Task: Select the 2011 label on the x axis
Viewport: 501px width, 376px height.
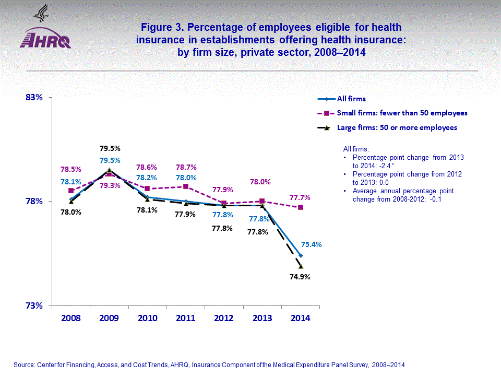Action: tap(186, 318)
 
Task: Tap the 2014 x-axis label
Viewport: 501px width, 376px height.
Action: tap(301, 318)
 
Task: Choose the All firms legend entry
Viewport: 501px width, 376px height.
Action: tap(351, 99)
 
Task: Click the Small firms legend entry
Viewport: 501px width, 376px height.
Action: tap(402, 113)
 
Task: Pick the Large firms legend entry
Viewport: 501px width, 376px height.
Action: tap(397, 127)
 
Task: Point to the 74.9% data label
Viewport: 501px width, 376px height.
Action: tap(300, 277)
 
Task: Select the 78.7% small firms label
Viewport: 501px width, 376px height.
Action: tap(186, 168)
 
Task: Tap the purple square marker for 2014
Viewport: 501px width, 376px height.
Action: tap(301, 207)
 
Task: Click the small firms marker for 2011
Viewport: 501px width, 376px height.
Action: tap(186, 186)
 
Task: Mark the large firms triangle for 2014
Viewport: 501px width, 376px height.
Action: tap(301, 266)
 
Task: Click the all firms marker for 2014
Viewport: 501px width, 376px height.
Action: tap(301, 255)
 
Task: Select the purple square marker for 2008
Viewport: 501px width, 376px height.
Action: tap(71, 191)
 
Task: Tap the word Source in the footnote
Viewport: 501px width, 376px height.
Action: tap(26, 365)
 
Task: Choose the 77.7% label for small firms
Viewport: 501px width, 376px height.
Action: tap(300, 198)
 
